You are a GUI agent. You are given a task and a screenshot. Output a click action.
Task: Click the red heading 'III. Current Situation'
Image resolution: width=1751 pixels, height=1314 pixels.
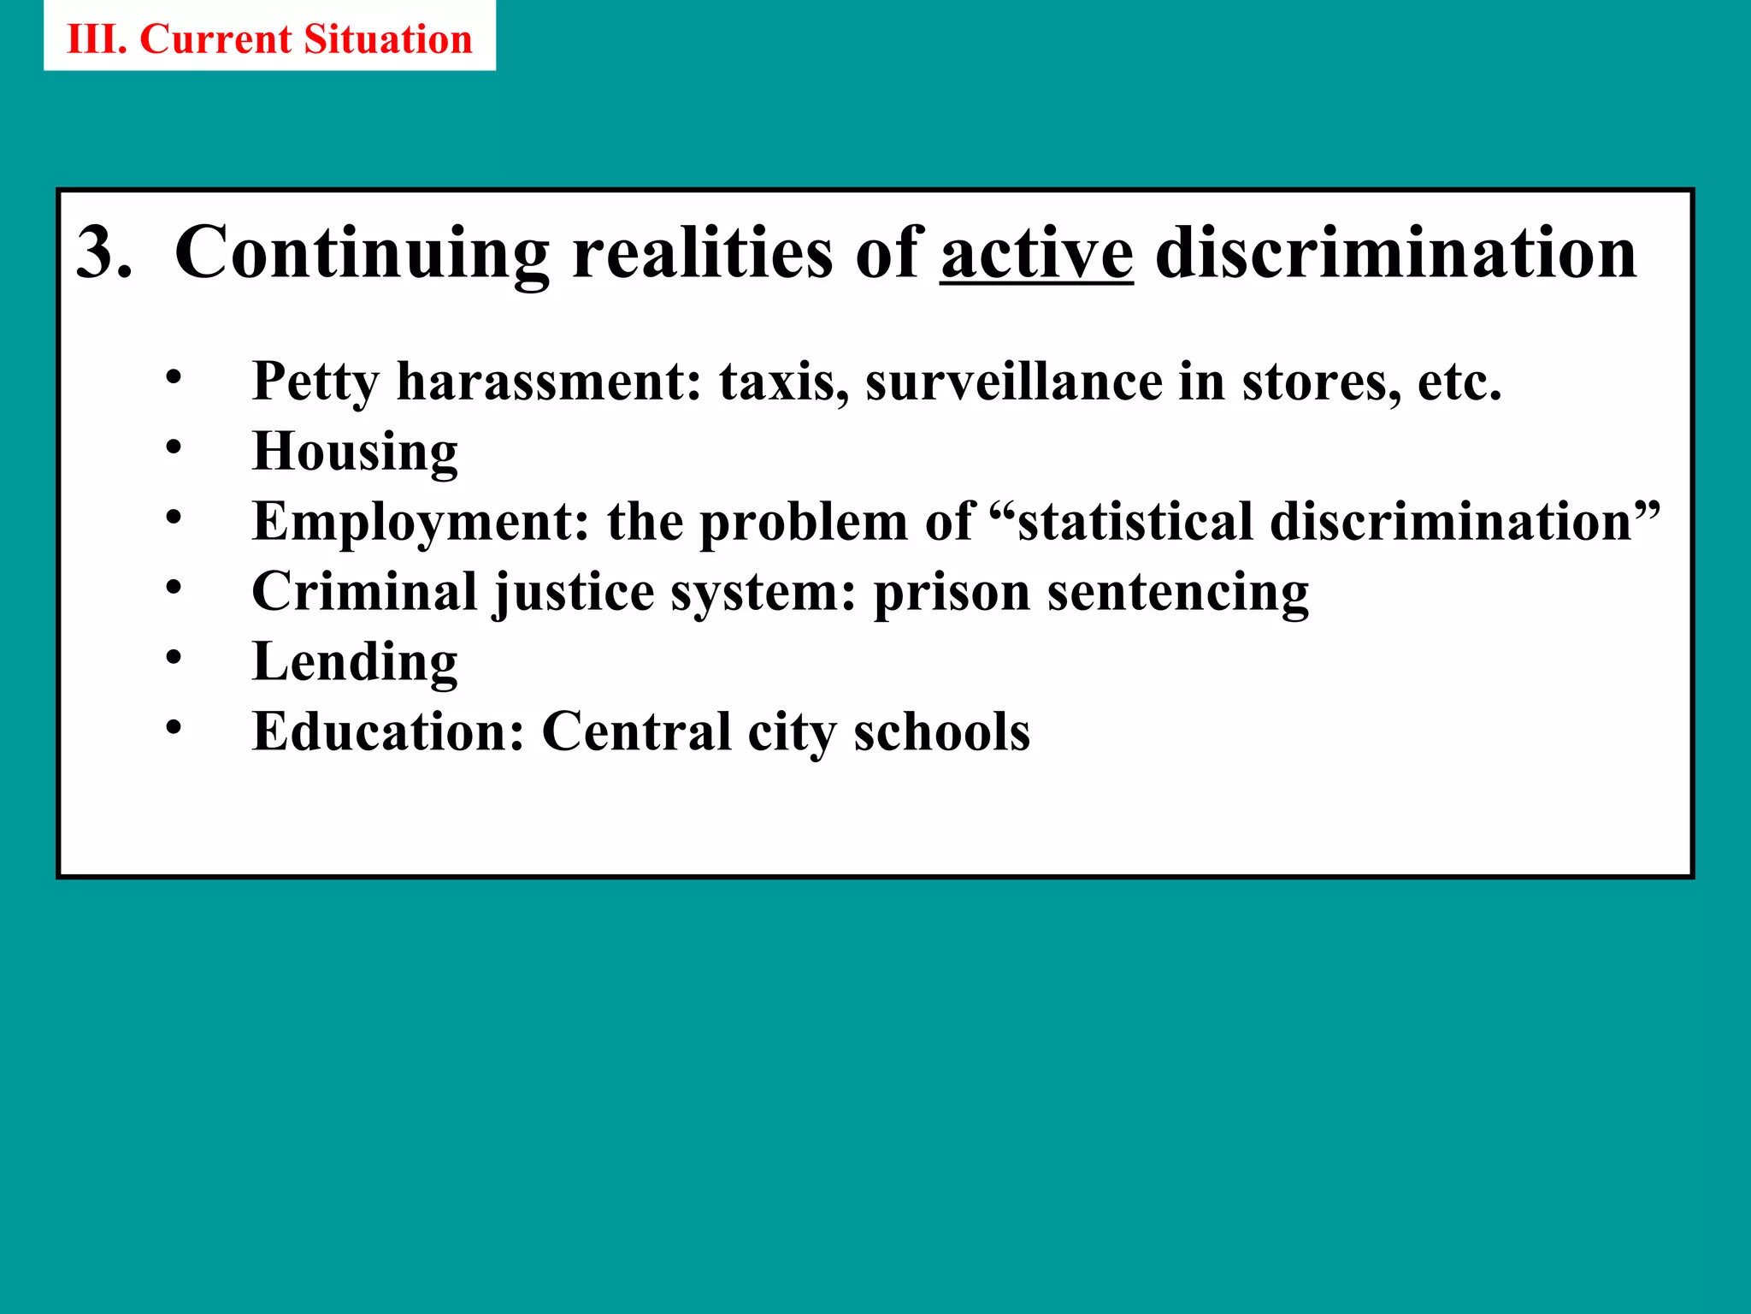[x=269, y=39]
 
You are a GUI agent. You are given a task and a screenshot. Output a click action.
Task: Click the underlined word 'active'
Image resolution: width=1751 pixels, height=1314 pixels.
[x=1037, y=253]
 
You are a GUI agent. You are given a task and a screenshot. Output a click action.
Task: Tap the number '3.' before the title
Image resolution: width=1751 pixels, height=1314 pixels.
[x=103, y=253]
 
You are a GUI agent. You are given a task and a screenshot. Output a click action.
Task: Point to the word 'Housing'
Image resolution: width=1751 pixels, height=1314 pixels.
[x=355, y=452]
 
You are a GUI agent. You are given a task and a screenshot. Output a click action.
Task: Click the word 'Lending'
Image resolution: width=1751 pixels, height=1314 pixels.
[x=355, y=662]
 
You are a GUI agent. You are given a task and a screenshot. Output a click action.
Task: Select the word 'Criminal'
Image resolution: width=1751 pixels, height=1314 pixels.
[x=364, y=592]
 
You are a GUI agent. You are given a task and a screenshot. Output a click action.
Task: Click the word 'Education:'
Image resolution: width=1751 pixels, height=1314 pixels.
[x=388, y=732]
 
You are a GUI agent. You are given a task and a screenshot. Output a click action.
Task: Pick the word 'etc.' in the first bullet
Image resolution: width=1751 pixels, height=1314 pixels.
[x=1459, y=382]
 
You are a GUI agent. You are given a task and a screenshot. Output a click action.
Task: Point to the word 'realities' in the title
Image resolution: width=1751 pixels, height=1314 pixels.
[x=702, y=253]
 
